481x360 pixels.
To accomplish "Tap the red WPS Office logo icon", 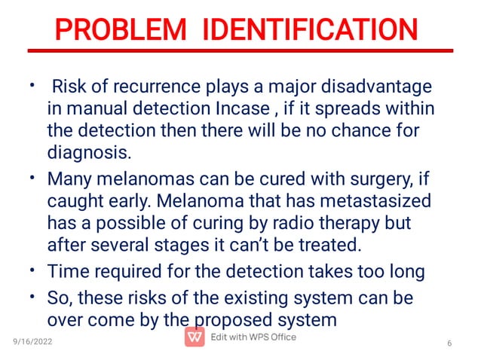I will coord(194,338).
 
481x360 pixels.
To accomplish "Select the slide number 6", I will coord(449,344).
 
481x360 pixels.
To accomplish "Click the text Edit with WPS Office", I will coord(253,337).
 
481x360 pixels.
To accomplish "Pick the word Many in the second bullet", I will coord(68,182).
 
